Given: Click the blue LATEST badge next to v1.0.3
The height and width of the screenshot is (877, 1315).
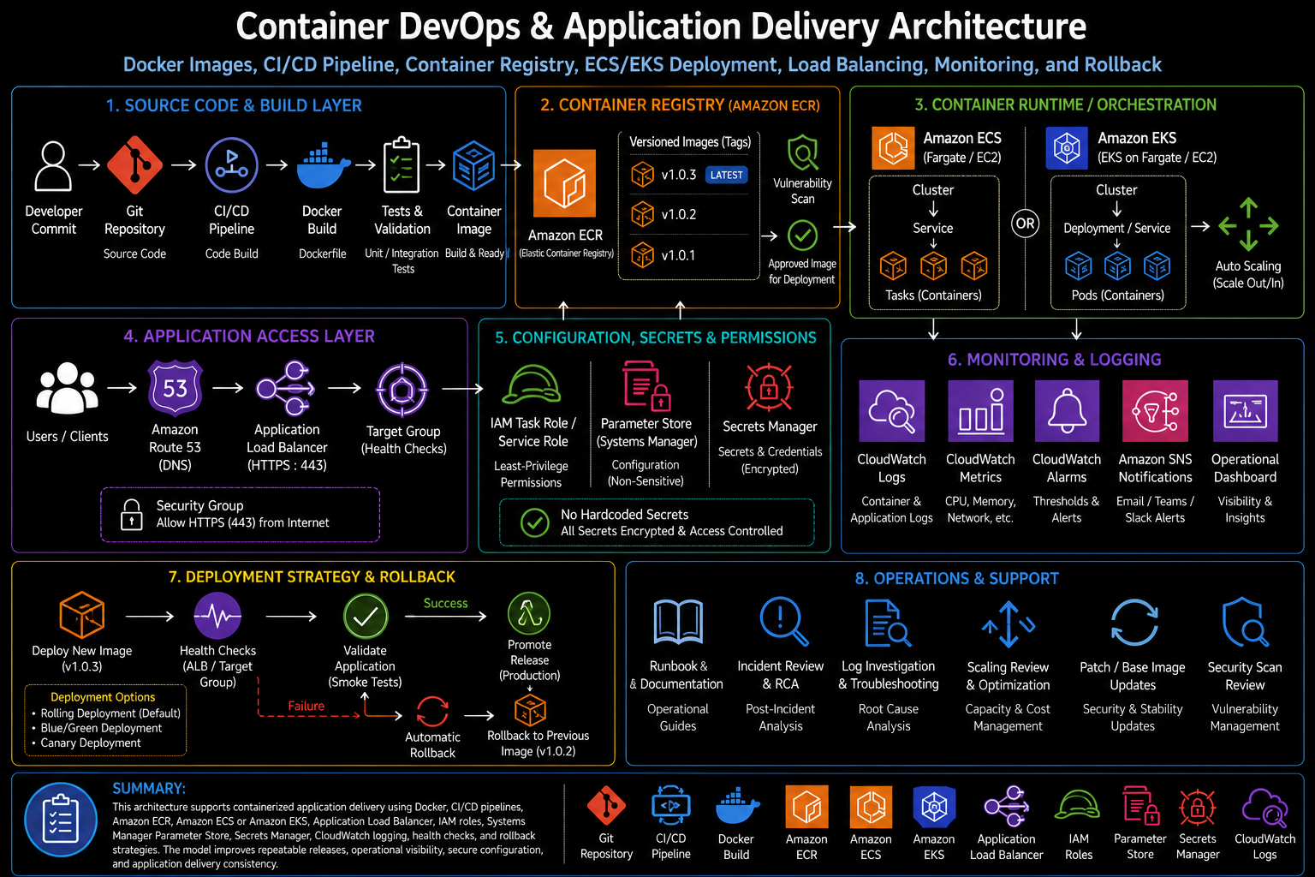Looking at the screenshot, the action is pyautogui.click(x=726, y=175).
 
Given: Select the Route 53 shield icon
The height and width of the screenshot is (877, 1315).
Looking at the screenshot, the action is pyautogui.click(x=175, y=388).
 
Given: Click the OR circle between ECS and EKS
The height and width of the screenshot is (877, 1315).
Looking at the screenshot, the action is pyautogui.click(x=1025, y=224).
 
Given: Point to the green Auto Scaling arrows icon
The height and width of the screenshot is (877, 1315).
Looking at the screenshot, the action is pyautogui.click(x=1248, y=225).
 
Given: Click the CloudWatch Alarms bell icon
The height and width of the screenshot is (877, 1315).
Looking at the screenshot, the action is pyautogui.click(x=1067, y=410).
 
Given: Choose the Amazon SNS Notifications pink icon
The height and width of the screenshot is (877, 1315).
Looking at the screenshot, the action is pyautogui.click(x=1155, y=410).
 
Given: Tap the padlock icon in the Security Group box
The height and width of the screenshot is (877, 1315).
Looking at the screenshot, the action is pyautogui.click(x=132, y=515).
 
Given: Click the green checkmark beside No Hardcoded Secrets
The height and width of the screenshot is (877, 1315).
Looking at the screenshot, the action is pyautogui.click(x=534, y=522).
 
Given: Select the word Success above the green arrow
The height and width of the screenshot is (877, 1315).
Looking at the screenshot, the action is pyautogui.click(x=445, y=603).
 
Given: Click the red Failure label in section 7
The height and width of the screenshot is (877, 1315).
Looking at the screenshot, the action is pyautogui.click(x=306, y=706).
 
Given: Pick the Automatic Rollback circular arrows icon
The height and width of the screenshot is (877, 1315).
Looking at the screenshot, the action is pyautogui.click(x=432, y=712).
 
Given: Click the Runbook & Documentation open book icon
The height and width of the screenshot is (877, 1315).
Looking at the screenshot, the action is pyautogui.click(x=678, y=622).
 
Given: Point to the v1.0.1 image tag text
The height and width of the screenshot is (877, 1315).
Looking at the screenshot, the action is pyautogui.click(x=678, y=255).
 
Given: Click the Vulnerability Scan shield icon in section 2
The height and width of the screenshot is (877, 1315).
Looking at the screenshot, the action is pyautogui.click(x=802, y=152).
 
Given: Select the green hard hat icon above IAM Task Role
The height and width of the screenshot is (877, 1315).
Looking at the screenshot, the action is pyautogui.click(x=532, y=384).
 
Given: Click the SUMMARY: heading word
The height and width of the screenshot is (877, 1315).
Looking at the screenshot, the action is pyautogui.click(x=149, y=788).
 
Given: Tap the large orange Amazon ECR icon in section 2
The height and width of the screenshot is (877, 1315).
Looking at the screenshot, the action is pyautogui.click(x=564, y=183).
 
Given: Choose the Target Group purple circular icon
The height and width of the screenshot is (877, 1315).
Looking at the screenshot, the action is pyautogui.click(x=402, y=390).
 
